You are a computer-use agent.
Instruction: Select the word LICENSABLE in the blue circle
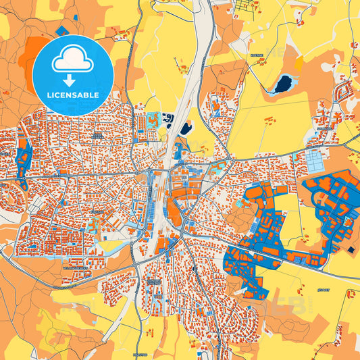pyautogui.click(x=72, y=95)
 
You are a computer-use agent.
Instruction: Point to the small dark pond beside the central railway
pyautogui.click(x=186, y=128)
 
